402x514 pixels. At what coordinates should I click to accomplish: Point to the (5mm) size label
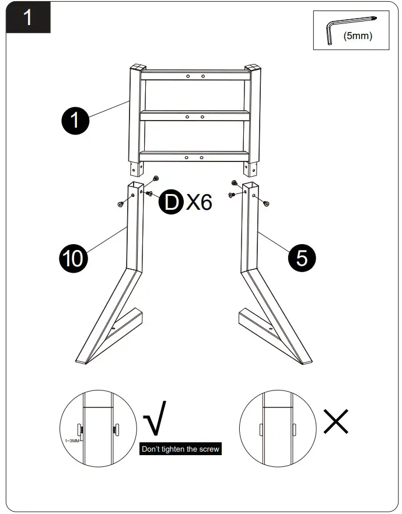(x=358, y=36)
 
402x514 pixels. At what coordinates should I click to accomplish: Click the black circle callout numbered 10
(x=74, y=257)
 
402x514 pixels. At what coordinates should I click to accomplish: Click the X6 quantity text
(x=199, y=202)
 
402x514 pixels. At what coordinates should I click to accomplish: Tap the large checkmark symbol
(x=155, y=418)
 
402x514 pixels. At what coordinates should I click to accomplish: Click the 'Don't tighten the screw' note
(x=181, y=450)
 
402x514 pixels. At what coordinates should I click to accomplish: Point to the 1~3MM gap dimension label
(x=72, y=441)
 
